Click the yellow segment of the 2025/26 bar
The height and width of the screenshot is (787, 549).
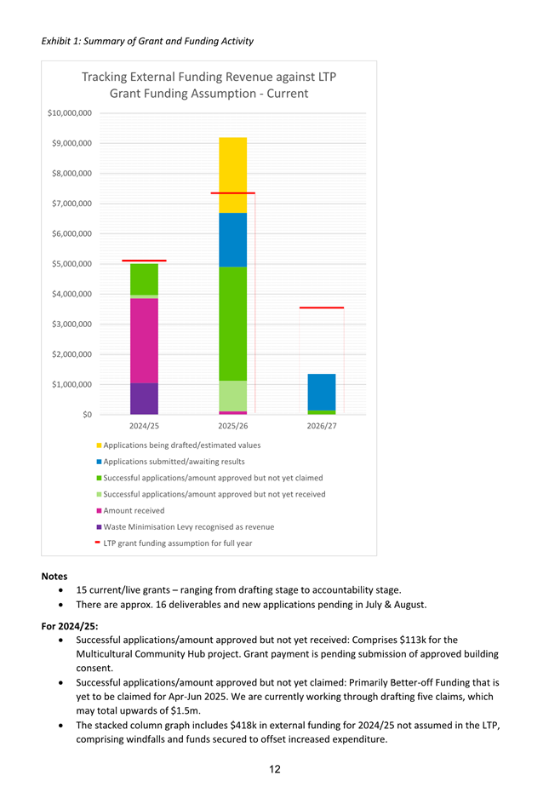(x=232, y=175)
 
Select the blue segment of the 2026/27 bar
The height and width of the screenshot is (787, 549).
(x=321, y=392)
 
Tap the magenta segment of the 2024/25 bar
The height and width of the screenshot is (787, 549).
(x=144, y=340)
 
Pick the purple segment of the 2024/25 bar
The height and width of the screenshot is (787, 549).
(x=144, y=399)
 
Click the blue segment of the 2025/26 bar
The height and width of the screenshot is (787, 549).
(x=232, y=239)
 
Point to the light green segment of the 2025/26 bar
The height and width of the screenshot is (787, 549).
(x=232, y=395)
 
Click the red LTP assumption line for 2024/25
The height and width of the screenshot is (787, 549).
(x=144, y=260)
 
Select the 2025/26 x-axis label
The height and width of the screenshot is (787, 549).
(x=232, y=426)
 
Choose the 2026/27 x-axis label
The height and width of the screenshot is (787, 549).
(x=321, y=426)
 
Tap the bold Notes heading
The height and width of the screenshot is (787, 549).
(x=54, y=577)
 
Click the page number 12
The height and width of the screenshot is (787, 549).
(x=275, y=770)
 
